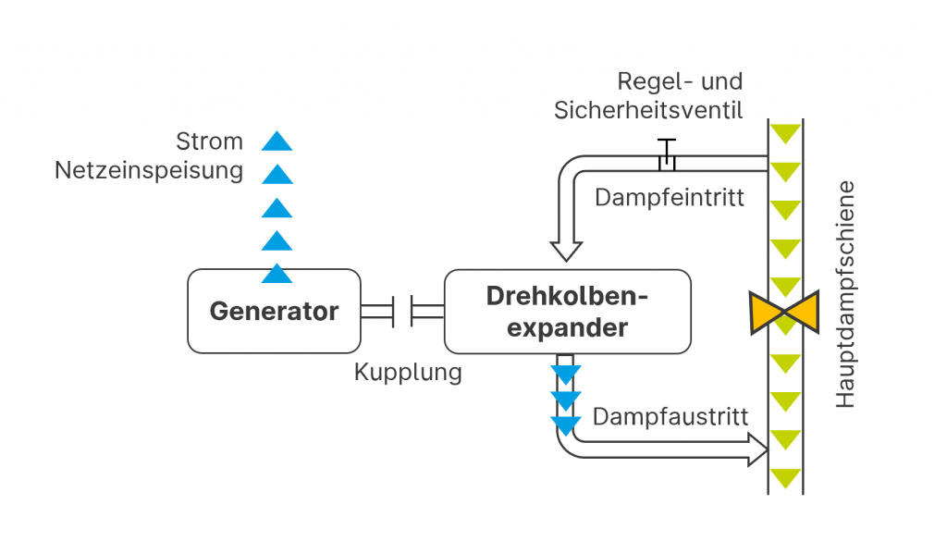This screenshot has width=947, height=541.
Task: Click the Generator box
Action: point(274,311)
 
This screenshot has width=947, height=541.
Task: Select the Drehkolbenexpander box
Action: point(567,312)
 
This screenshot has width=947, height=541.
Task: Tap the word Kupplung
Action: point(407,374)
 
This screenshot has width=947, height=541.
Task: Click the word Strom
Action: point(210,142)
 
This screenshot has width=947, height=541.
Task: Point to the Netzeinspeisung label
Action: point(149,171)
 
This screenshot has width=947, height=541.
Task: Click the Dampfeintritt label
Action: point(669,198)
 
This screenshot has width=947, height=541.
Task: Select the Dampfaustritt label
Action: point(670,417)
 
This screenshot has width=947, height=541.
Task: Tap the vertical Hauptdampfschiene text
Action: point(846,295)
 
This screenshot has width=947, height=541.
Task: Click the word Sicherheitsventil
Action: point(648,111)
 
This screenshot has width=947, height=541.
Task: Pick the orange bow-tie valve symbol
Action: point(785,312)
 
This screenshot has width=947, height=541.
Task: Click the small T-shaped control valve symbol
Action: point(666,154)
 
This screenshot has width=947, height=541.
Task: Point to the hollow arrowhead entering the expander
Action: point(566,249)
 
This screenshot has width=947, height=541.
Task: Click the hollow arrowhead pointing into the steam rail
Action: point(756,450)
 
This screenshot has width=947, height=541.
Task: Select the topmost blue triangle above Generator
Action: point(277,141)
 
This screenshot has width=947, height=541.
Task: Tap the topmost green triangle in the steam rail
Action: point(785,133)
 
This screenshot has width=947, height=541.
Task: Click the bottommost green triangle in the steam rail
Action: point(785,479)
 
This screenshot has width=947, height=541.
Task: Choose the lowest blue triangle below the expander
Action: point(566,425)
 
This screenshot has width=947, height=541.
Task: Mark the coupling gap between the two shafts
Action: point(403,311)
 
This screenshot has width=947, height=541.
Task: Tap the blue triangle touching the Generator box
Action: point(277,273)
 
